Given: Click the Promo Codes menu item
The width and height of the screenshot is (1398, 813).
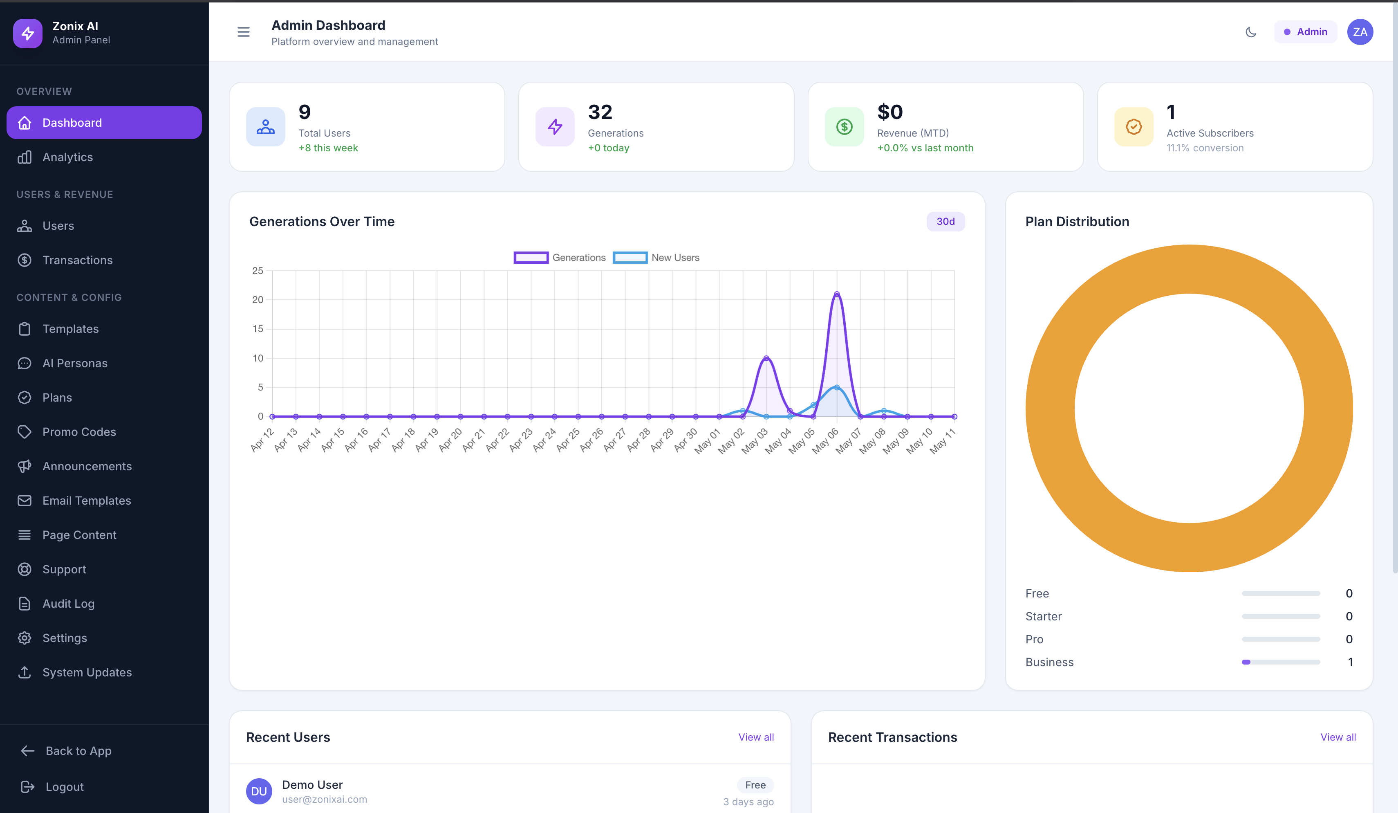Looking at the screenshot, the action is click(x=79, y=432).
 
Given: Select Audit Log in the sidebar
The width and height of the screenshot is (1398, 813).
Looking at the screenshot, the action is click(x=68, y=604).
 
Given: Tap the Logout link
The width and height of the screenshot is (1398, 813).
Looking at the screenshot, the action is click(x=64, y=787).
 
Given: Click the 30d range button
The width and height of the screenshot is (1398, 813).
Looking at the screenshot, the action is click(x=946, y=221).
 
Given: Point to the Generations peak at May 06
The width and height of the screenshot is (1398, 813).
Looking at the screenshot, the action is click(x=837, y=294).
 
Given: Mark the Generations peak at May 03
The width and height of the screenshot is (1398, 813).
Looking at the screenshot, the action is click(x=766, y=358).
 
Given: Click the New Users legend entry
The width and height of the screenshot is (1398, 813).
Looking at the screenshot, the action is click(x=656, y=258).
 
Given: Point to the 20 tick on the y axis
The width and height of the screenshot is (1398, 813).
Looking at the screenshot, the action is click(x=258, y=300).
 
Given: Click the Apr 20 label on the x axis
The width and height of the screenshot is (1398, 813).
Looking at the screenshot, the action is click(x=451, y=440).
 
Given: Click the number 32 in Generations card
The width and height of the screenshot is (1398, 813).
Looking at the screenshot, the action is click(x=600, y=112).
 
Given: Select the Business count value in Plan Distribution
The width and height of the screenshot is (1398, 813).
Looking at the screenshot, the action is click(x=1350, y=662).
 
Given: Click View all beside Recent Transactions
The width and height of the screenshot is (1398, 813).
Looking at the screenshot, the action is click(x=1338, y=737).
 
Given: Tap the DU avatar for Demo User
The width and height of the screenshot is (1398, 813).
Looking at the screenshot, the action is click(x=259, y=791).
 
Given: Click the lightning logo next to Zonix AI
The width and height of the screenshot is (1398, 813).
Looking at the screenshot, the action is click(x=28, y=33).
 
